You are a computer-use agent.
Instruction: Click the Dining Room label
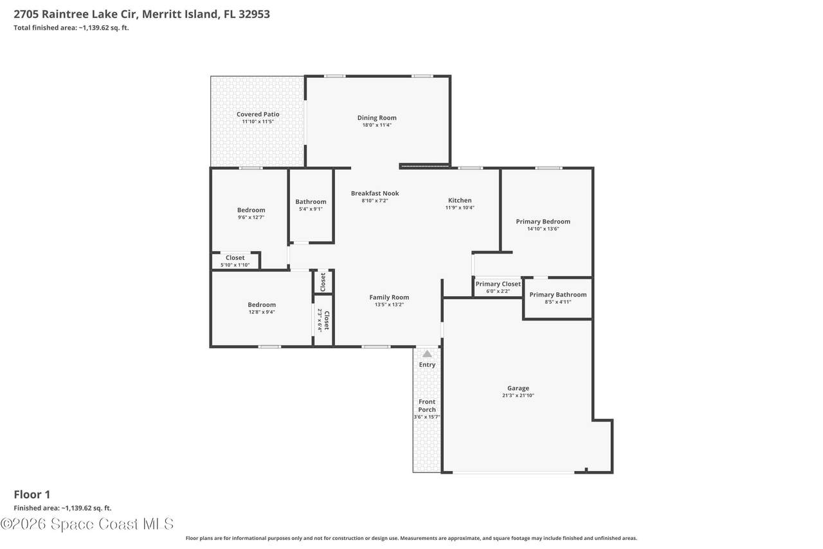tap(377, 118)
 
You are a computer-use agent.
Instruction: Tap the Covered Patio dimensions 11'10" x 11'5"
tap(258, 122)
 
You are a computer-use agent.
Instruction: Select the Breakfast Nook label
tap(375, 193)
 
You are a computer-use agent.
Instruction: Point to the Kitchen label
tap(460, 200)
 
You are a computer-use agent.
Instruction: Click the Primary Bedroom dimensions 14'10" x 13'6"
tap(543, 228)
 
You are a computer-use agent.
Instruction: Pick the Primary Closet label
tap(498, 284)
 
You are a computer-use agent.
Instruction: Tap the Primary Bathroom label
tap(557, 295)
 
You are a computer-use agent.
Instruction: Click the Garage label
tap(518, 388)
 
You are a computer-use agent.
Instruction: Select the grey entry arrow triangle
tap(427, 354)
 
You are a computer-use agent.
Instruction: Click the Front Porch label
tap(426, 405)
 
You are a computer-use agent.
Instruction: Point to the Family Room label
tap(389, 297)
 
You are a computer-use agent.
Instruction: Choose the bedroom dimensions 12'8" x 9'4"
tap(262, 312)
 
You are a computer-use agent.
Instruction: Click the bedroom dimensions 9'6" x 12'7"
tap(251, 218)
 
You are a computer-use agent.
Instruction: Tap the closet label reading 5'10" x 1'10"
tap(235, 265)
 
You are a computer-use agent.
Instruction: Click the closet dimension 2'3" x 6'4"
tap(320, 321)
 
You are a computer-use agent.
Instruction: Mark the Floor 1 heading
tap(32, 494)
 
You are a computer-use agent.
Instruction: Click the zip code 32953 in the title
tap(254, 14)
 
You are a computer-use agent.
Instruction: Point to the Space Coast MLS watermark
tap(87, 524)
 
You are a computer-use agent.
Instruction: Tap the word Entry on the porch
tap(427, 364)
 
